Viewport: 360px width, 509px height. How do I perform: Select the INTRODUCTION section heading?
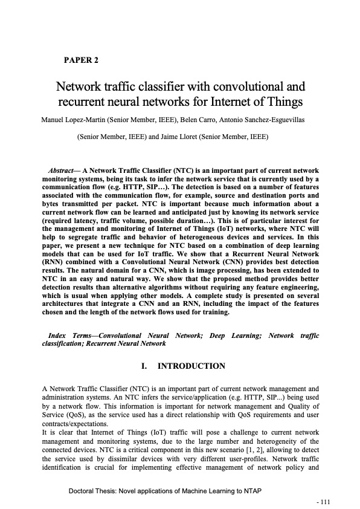point(191,366)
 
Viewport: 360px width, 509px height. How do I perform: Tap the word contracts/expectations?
point(75,426)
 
